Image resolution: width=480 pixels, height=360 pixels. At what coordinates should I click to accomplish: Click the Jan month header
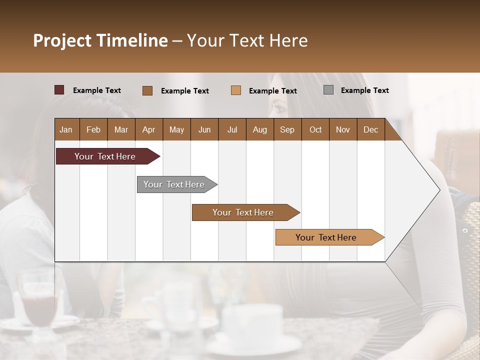coord(66,129)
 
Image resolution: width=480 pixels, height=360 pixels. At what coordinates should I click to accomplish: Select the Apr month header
coord(148,129)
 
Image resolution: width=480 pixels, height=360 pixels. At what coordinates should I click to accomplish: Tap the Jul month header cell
coord(232,129)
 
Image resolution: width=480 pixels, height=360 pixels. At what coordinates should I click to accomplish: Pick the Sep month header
coord(287,129)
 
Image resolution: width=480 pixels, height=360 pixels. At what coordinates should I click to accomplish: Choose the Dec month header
coord(370,129)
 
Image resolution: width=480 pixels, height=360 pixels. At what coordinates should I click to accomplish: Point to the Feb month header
coord(93,129)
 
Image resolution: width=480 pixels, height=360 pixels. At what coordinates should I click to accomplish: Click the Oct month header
coord(315,129)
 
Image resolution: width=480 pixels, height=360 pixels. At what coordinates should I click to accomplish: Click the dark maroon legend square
coord(59,90)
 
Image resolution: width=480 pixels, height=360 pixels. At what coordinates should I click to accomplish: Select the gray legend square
coord(328,90)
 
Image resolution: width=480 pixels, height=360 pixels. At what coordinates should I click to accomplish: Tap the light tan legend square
coord(236,90)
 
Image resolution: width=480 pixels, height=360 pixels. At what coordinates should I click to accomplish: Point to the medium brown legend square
coord(147,90)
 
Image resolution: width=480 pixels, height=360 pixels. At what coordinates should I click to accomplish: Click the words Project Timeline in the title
coord(100,40)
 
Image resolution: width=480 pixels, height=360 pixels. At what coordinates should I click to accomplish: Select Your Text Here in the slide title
coord(247,40)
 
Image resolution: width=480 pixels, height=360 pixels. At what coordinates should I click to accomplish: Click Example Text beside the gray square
coord(364,90)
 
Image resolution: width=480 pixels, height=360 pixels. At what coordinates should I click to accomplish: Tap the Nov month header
coord(343,129)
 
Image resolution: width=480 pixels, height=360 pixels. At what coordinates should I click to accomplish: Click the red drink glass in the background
coord(37,302)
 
